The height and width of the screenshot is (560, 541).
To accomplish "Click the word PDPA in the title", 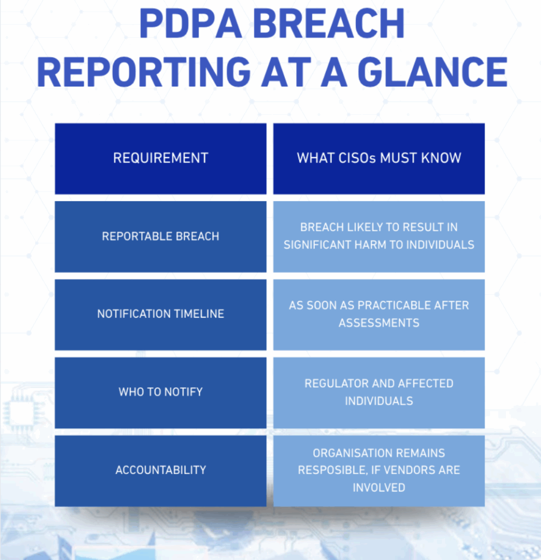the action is click(x=190, y=24).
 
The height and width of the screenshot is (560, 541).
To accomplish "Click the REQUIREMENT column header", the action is click(x=160, y=158).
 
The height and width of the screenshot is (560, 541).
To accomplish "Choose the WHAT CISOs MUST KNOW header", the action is click(x=379, y=158).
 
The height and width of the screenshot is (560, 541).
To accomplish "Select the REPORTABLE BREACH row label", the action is click(x=160, y=236).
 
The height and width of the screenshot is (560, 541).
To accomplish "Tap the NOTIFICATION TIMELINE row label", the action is click(x=160, y=313).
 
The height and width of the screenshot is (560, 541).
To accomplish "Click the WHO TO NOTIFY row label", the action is click(x=160, y=392).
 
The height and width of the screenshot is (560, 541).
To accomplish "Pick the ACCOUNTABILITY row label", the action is click(x=160, y=470).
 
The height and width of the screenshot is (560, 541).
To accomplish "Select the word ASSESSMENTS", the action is click(x=379, y=323).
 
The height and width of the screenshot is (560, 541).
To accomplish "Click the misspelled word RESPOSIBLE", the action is click(x=332, y=470).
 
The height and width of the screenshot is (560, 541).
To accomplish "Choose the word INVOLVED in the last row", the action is click(x=379, y=487).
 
